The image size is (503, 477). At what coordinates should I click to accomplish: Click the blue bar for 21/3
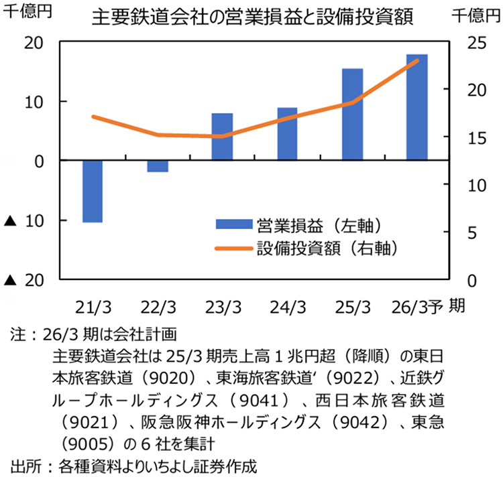pyautogui.click(x=92, y=191)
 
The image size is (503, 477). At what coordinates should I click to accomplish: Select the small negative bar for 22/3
pyautogui.click(x=158, y=166)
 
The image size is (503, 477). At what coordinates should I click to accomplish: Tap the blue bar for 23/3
pyautogui.click(x=222, y=137)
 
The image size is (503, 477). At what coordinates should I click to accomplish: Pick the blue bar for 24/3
pyautogui.click(x=287, y=134)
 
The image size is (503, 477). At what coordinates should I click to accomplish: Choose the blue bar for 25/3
pyautogui.click(x=352, y=115)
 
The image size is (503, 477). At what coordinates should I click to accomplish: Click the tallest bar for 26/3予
pyautogui.click(x=417, y=107)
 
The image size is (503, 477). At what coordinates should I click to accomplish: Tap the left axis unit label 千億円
pyautogui.click(x=25, y=12)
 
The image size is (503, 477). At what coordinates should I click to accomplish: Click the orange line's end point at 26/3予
pyautogui.click(x=417, y=61)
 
